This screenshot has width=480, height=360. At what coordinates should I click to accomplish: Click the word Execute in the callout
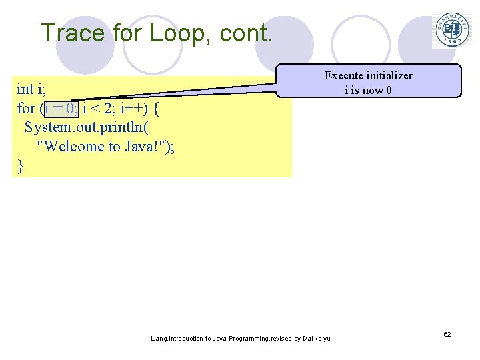pos(344,75)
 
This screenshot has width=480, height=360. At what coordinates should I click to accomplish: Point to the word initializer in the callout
pos(389,75)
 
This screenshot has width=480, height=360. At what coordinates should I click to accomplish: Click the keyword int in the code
pos(25,89)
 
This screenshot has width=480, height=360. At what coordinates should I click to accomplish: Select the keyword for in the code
pos(26,108)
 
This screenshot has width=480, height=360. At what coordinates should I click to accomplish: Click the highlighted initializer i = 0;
pos(61,108)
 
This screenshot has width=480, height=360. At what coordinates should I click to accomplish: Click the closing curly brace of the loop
pos(20,166)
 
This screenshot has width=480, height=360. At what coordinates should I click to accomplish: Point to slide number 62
pos(447,333)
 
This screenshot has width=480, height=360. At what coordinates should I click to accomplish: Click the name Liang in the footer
pos(159,339)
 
